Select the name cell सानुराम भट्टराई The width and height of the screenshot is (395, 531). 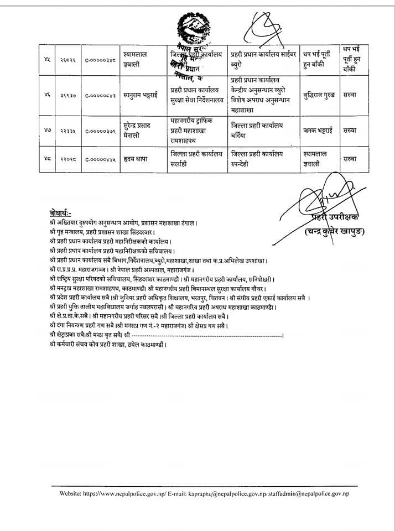143,95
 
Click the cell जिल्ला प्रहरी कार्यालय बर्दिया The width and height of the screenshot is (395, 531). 257,129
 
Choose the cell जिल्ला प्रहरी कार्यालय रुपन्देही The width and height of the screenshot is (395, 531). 257,158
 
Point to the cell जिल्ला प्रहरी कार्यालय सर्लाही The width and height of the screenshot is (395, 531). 196,158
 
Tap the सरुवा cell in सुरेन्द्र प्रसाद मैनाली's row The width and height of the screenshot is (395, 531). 350,130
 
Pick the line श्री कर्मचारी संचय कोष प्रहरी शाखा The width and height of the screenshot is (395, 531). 108,344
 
